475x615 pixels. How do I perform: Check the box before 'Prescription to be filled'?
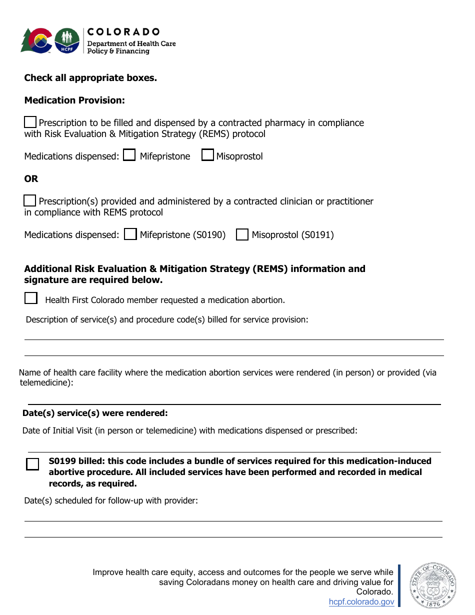tap(30, 122)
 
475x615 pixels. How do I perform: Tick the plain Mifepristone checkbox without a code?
tap(129, 155)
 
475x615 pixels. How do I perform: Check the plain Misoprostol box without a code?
tap(207, 155)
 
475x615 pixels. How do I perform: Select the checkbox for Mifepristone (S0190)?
tap(130, 234)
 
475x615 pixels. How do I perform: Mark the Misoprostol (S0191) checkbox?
tap(242, 234)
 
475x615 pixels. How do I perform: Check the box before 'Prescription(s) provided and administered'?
tap(30, 200)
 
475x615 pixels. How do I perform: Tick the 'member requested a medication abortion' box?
tap(31, 298)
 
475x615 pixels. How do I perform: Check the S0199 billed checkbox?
tap(32, 464)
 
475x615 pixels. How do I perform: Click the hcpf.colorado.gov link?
tap(361, 602)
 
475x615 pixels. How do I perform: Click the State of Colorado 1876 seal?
tap(433, 585)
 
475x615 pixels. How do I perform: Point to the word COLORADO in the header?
tap(123, 32)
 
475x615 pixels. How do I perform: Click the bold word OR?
tap(31, 178)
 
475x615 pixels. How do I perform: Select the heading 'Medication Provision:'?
tap(74, 100)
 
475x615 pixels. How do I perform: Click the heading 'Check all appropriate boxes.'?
tap(90, 77)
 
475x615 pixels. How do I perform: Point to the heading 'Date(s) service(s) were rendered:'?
tap(95, 413)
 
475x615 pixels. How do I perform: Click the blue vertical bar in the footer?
tap(399, 585)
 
